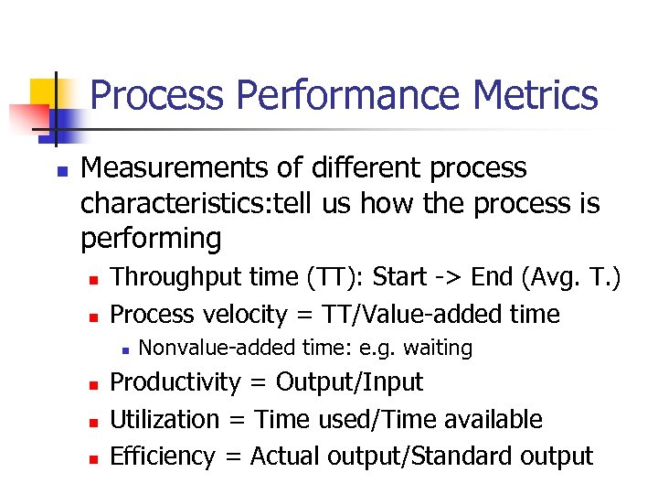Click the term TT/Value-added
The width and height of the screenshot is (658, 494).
click(x=410, y=314)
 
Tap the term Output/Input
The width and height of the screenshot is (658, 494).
click(x=349, y=381)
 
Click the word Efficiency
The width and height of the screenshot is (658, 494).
click(x=163, y=456)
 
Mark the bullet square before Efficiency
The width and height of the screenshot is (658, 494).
click(x=91, y=457)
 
